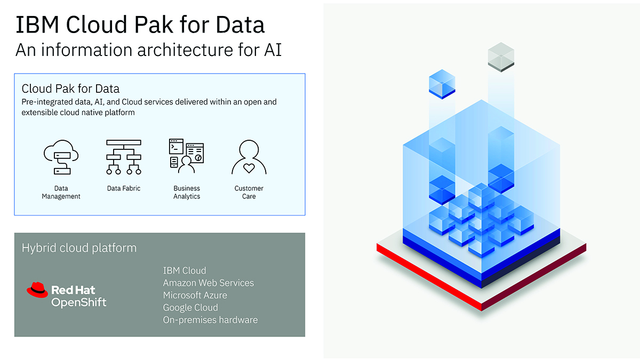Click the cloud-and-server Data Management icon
coord(61,157)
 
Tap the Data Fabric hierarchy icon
coord(124,157)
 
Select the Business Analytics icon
coord(186,156)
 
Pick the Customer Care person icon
coord(249,157)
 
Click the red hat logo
coord(37,290)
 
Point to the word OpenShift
coord(79,302)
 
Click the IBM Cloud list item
coord(185,270)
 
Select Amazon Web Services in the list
coord(209,283)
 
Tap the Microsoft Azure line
coord(195,295)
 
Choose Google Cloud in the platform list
coord(190,307)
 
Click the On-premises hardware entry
coord(210,319)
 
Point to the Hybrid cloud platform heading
coord(79,248)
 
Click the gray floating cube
coord(501,57)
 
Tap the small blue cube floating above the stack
coord(442,84)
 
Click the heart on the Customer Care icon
coord(249,168)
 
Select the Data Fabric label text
coord(124,188)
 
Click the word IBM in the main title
coord(37,25)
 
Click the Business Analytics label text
coord(187,193)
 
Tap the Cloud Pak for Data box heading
coord(70,89)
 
